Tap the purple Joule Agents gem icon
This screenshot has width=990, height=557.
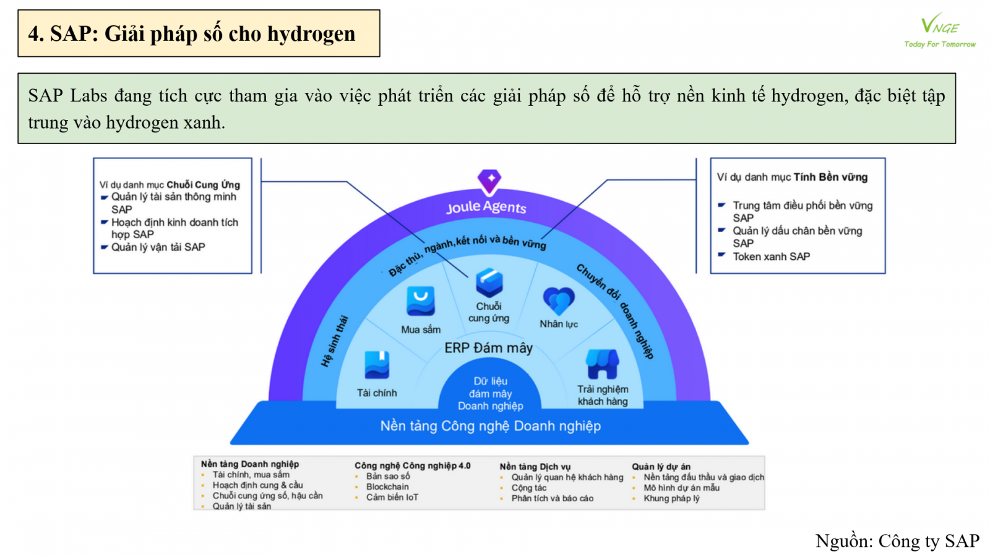(x=489, y=180)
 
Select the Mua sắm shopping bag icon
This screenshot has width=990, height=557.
(x=420, y=301)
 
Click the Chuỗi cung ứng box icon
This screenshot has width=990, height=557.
(x=489, y=283)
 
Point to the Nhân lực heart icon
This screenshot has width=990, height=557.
(x=559, y=301)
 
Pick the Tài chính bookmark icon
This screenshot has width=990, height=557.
(x=377, y=365)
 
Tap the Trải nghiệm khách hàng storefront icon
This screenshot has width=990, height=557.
(x=602, y=364)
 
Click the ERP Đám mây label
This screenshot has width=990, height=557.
(x=488, y=348)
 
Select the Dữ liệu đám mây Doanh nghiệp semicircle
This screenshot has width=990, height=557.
(x=490, y=393)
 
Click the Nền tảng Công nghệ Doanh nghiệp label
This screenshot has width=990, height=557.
(x=490, y=426)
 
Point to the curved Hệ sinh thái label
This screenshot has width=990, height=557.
(x=335, y=341)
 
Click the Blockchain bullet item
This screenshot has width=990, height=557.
(x=387, y=487)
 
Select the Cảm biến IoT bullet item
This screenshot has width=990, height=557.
(x=392, y=498)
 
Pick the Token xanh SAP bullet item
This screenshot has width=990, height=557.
(x=771, y=256)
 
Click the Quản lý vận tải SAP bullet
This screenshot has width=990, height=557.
(x=158, y=247)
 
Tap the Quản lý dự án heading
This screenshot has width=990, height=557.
(x=661, y=467)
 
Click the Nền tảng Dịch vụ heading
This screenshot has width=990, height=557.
(x=535, y=467)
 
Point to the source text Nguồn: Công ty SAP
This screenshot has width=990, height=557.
(x=897, y=541)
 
